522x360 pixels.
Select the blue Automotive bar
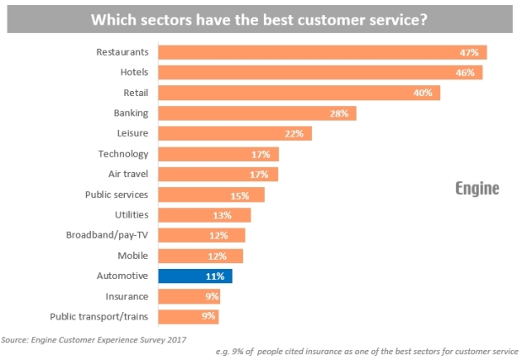tap(195, 276)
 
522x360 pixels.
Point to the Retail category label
tap(135, 93)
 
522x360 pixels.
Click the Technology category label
tap(123, 153)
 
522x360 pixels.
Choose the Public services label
tap(117, 195)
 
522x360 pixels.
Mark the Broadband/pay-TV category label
tap(107, 235)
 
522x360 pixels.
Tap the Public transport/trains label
tap(100, 316)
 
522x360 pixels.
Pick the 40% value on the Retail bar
tap(423, 93)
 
